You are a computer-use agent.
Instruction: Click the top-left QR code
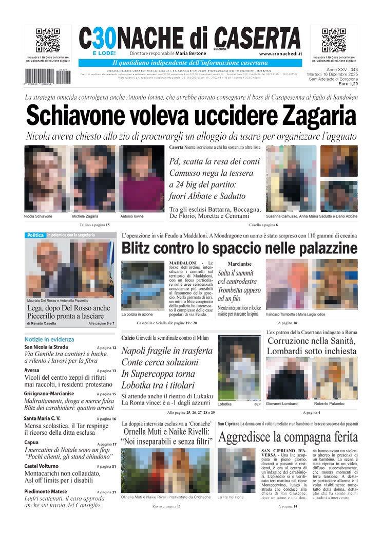coord(48,41)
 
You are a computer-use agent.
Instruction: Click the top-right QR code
coord(334,41)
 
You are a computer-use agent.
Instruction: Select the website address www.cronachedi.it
coord(280,53)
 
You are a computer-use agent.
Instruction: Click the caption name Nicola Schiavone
coord(39,216)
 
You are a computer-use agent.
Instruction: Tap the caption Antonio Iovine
coord(132,216)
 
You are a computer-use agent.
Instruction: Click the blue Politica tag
coord(35,235)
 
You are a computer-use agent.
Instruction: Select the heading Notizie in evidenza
coord(49,339)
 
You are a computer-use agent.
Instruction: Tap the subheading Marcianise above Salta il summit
coord(239,264)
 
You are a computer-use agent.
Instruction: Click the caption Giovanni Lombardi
coord(282,403)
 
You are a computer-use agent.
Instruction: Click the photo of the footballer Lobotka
coord(239,367)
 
